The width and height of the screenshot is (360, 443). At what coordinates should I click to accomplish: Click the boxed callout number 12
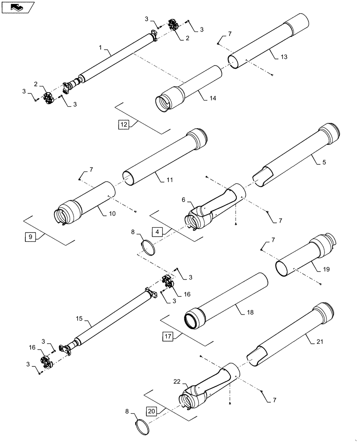(x=124, y=125)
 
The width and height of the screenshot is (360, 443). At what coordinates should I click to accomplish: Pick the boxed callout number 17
(x=168, y=337)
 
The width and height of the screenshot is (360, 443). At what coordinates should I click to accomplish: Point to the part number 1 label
(x=100, y=47)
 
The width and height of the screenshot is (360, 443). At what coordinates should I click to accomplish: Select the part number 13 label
(x=284, y=57)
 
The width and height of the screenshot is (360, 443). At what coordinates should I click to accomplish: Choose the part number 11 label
(x=170, y=180)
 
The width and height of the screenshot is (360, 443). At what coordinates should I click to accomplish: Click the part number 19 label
(x=326, y=269)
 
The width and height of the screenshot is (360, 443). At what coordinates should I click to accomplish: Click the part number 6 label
(x=184, y=200)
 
